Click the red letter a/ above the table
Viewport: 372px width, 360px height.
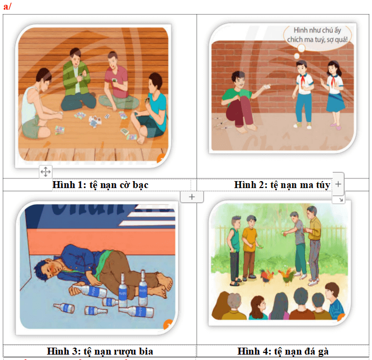(7, 6)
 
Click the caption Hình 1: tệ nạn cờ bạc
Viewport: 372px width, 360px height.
(100, 185)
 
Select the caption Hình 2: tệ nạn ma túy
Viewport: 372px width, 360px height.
(282, 185)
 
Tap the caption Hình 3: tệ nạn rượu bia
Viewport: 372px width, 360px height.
(100, 351)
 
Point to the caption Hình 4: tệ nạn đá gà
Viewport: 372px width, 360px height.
(283, 351)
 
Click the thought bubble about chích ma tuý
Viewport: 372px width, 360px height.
(318, 35)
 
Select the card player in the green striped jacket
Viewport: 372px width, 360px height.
(76, 80)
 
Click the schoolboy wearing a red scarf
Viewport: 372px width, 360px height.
(303, 94)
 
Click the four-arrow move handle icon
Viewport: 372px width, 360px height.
(46, 171)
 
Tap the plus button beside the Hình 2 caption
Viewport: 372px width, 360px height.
(338, 184)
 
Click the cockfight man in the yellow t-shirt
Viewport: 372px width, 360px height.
(250, 247)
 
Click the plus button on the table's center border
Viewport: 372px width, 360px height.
(192, 197)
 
